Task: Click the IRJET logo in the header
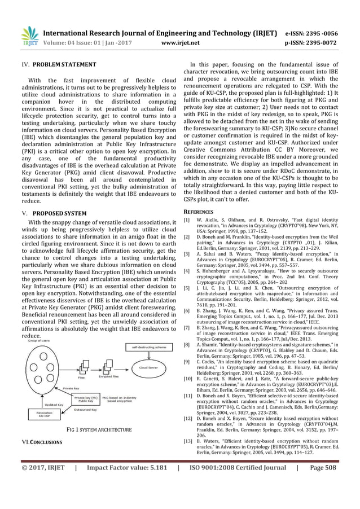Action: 28,37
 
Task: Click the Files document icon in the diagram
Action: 81,369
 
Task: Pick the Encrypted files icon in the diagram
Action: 109,369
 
